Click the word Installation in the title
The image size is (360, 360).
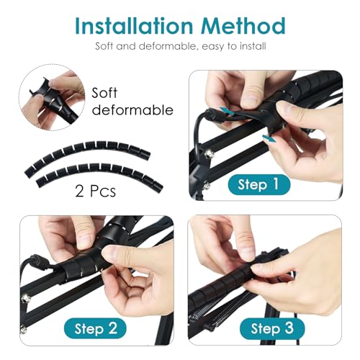[134, 26]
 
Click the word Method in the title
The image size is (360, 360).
[243, 26]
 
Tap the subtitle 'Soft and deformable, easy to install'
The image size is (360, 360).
[181, 46]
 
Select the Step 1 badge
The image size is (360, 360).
[258, 184]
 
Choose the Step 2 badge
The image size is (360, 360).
[95, 328]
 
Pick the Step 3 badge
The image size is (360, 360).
[272, 328]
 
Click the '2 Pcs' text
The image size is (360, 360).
[95, 192]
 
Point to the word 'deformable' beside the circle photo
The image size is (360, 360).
[132, 110]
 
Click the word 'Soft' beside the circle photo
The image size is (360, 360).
[104, 92]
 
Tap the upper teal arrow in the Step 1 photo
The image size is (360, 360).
[226, 111]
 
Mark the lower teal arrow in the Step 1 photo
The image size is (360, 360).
[269, 139]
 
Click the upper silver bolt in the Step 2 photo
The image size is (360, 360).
[24, 298]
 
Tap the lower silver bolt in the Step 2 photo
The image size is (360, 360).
[23, 330]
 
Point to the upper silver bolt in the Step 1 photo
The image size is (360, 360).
[209, 153]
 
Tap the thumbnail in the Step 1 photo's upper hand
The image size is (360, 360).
[250, 99]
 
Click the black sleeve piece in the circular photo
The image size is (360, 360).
[55, 101]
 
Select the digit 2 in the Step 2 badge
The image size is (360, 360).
[113, 328]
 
